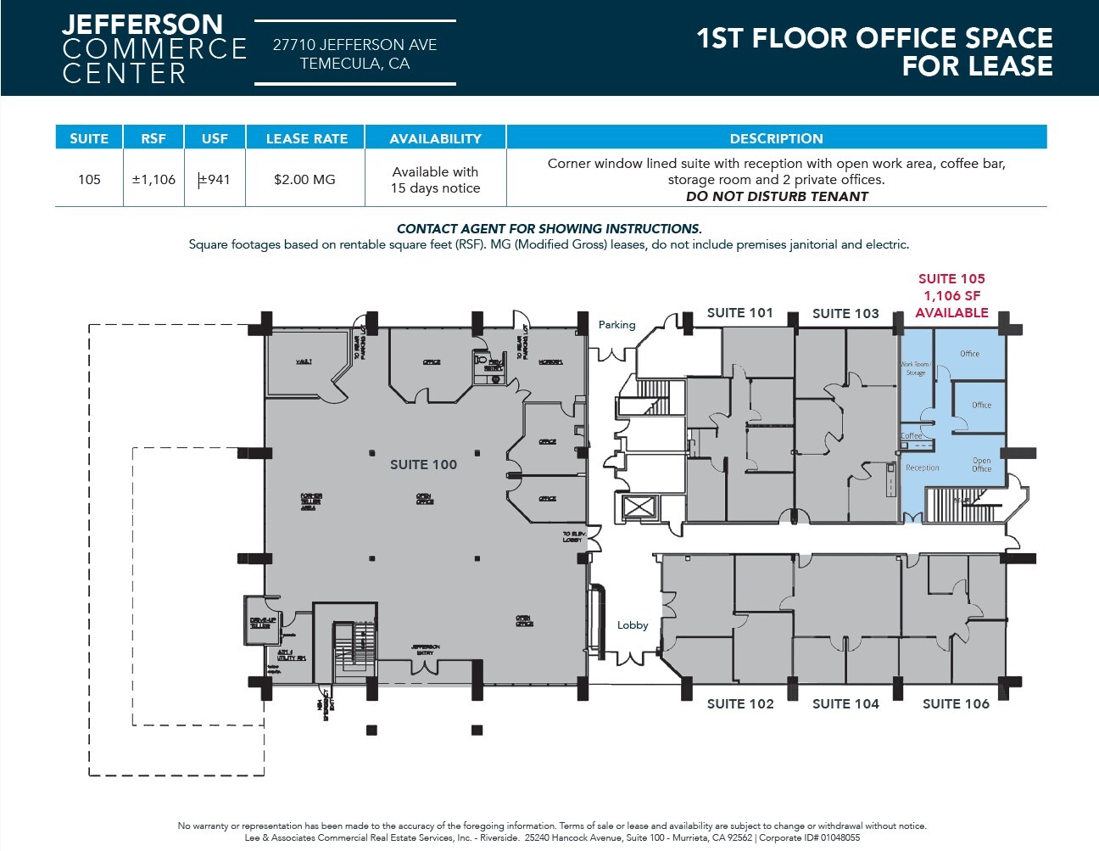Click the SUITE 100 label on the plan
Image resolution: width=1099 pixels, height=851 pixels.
[423, 465]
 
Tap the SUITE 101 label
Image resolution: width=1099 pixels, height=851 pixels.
[739, 313]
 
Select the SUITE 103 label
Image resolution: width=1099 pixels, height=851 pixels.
[845, 314]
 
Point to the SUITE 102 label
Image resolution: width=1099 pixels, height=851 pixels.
[740, 703]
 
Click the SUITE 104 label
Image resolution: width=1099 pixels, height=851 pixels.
[845, 703]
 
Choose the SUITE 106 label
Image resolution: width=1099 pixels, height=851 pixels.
[956, 703]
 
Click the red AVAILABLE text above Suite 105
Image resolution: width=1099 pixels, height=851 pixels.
[951, 312]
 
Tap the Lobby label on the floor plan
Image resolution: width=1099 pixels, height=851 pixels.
[633, 625]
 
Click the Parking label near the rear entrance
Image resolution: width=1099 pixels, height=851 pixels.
[616, 325]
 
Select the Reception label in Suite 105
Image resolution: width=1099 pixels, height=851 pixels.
[922, 467]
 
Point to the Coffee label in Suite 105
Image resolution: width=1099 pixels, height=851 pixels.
[911, 436]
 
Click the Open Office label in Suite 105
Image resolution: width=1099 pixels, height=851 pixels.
[981, 465]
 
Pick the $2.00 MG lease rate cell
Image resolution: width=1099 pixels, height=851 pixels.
[304, 180]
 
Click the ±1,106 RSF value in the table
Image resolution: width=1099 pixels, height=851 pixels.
[153, 180]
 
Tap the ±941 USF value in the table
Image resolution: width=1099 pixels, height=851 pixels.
[215, 180]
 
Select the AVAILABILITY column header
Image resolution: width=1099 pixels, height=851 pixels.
[435, 138]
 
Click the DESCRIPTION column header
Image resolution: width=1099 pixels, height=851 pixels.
[776, 138]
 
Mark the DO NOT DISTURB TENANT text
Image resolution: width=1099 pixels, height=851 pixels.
[777, 196]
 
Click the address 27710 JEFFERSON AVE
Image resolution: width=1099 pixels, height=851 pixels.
[354, 45]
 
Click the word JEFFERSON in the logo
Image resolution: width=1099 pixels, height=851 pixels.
[142, 24]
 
